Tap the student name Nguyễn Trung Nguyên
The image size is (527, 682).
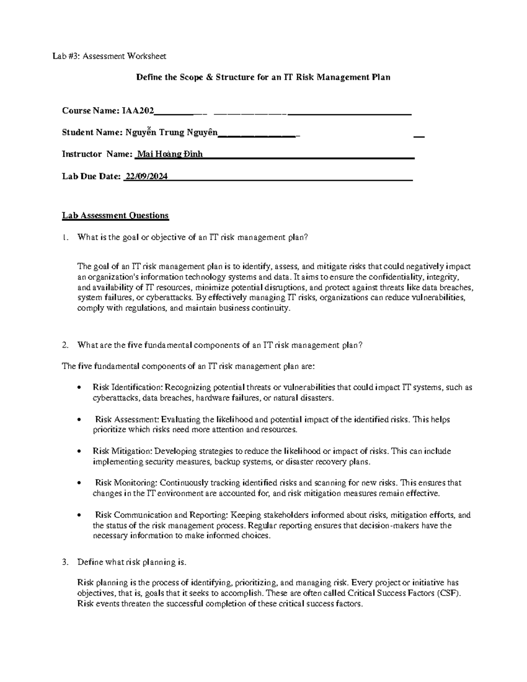171,132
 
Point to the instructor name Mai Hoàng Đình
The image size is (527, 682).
170,154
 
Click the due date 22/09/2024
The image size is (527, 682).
146,177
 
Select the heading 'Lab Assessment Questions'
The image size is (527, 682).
115,216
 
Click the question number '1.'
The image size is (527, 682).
65,238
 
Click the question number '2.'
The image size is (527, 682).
65,345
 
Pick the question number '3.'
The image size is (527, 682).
65,562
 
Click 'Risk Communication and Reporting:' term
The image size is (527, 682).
161,515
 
